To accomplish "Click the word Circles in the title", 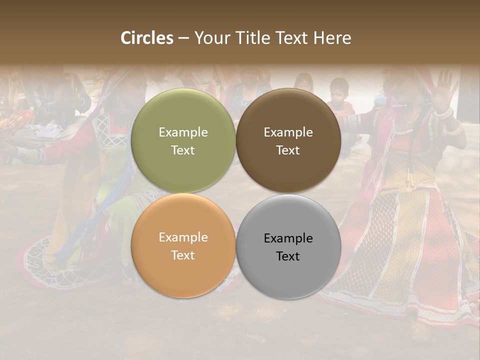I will [146, 38].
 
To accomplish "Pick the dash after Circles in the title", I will [183, 38].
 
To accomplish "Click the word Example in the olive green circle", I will [183, 132].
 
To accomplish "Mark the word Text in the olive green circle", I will [183, 150].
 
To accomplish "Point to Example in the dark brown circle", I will [288, 132].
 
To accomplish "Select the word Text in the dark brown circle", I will [288, 150].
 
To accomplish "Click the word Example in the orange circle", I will [183, 237].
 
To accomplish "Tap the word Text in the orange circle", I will [183, 255].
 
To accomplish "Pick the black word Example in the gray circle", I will [288, 238].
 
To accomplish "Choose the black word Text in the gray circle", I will [288, 256].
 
